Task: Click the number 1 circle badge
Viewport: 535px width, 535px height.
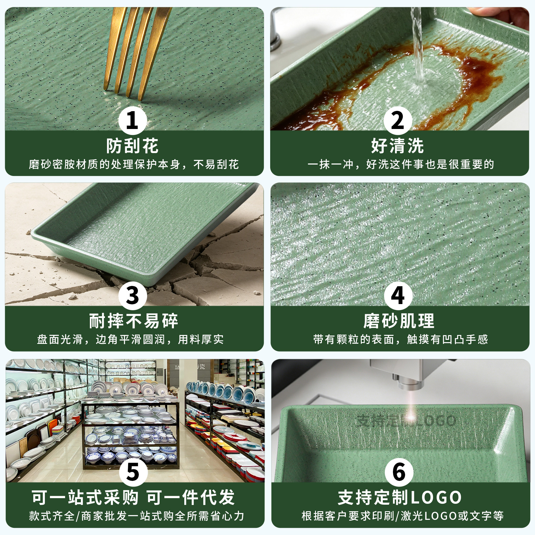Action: pyautogui.click(x=133, y=121)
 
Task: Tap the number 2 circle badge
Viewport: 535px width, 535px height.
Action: pyautogui.click(x=398, y=121)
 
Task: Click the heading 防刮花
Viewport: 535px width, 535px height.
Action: pyautogui.click(x=133, y=146)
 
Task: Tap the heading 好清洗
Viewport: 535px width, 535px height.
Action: pyautogui.click(x=397, y=146)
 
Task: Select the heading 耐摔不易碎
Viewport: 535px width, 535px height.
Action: pyautogui.click(x=133, y=321)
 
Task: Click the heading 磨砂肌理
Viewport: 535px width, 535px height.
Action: pyautogui.click(x=399, y=321)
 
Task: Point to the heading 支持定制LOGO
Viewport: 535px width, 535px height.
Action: pyautogui.click(x=399, y=497)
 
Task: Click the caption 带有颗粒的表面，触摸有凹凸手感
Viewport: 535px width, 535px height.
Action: pyautogui.click(x=400, y=339)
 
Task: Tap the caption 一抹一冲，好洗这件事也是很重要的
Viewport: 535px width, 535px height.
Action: pyautogui.click(x=400, y=164)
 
